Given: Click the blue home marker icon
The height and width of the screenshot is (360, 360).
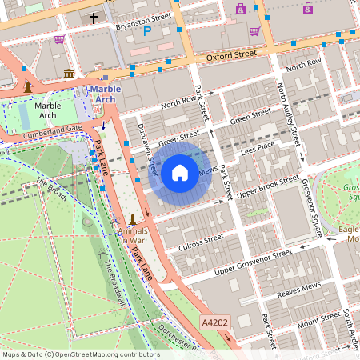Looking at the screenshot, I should click(x=180, y=172).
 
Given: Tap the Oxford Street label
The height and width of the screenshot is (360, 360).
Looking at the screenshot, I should click(x=230, y=56).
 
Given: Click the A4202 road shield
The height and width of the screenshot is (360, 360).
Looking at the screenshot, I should click(x=213, y=321).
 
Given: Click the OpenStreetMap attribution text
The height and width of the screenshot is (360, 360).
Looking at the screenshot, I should click(x=80, y=354).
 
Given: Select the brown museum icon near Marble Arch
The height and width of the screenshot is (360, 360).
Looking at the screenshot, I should click(x=69, y=74).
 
